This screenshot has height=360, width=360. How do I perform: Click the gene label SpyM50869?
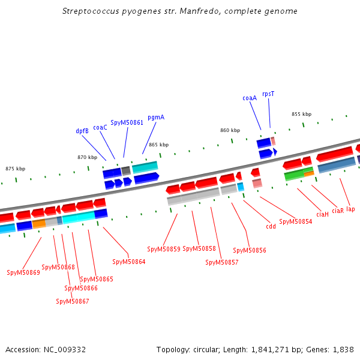pos(23,272)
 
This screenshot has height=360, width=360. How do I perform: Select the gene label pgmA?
pos(156,118)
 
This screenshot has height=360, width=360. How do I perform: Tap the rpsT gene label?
pos(268,94)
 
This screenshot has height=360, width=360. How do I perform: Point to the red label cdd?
pos(271,226)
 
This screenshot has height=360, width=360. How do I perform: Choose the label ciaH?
pos(322,214)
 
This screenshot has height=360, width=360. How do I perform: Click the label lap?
pos(350,209)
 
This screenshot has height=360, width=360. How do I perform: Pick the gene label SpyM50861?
pos(127,122)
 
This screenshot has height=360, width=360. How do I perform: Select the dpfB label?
pos(82,131)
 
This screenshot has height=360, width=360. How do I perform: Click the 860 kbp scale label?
pos(230,130)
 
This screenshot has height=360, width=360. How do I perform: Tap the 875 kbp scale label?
pos(16,169)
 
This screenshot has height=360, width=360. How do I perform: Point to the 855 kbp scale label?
pos(301,114)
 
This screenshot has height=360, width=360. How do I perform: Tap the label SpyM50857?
pos(222,262)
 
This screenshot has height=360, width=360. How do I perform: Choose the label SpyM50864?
pos(129,262)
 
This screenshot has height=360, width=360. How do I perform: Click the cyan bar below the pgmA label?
pos(145,167)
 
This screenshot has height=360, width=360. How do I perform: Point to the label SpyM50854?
pos(296,221)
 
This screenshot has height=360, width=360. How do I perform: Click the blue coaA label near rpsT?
pos(250,98)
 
